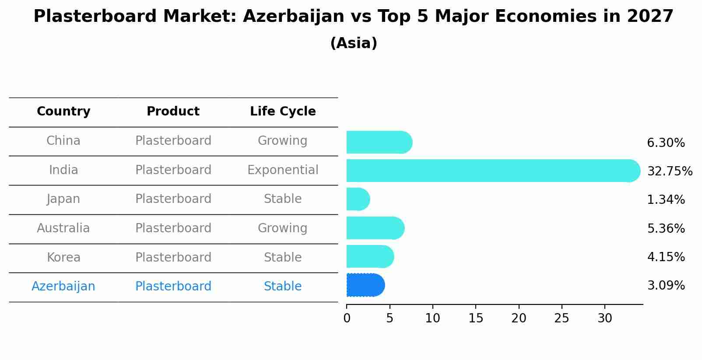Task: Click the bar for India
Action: pos(493,171)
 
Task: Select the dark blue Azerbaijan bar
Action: pos(365,285)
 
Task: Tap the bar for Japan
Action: pos(358,199)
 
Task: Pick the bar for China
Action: pos(379,142)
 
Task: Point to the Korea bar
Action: pos(370,257)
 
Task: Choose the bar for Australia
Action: pos(376,228)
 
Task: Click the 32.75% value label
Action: pos(670,171)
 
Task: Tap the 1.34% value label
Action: pos(666,199)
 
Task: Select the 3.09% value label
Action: pos(666,286)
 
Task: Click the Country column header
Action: pos(63,112)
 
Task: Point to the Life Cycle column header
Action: pos(283,112)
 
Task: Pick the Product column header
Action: pos(173,111)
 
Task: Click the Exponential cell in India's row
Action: pos(283,170)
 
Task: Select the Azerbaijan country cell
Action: pos(63,287)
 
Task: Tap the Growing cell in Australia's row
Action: pos(283,228)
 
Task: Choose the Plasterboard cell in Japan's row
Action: pos(173,199)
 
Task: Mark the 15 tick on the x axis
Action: pos(476,306)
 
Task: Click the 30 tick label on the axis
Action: pos(605,318)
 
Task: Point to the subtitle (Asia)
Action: pos(354,43)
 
